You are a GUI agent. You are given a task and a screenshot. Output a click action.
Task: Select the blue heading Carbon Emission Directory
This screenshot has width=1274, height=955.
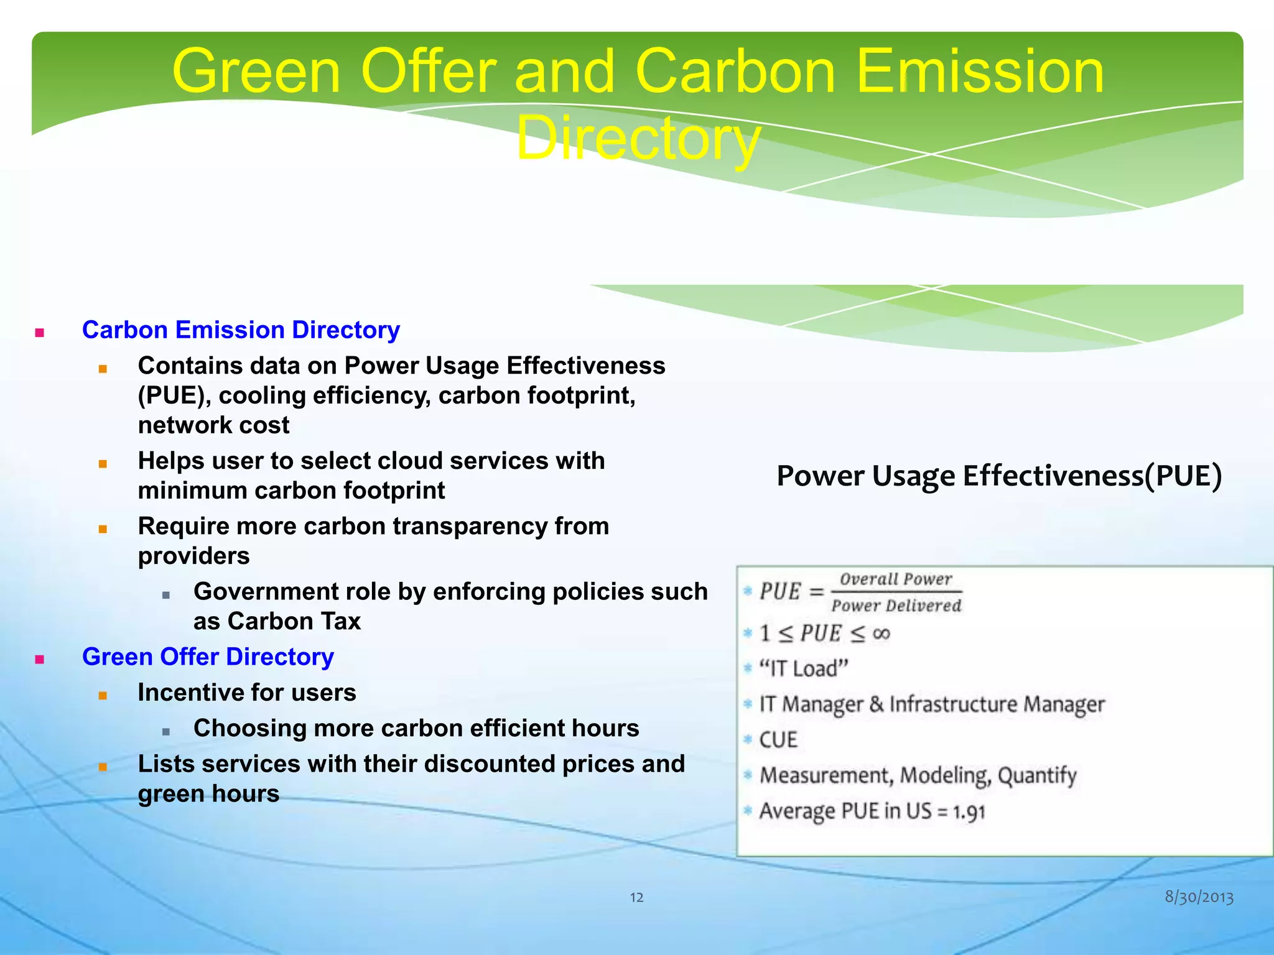point(241,330)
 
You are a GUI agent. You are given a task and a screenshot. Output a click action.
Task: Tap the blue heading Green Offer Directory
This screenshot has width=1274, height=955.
point(208,657)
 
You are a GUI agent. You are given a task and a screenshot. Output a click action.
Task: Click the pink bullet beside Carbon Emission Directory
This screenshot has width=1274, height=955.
point(40,332)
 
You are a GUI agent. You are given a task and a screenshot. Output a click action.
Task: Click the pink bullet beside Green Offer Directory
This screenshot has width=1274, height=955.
point(40,659)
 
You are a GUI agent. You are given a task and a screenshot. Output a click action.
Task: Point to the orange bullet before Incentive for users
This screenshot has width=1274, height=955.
point(103,695)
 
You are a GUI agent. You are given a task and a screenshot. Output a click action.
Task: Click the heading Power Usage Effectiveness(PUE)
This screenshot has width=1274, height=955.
point(999,476)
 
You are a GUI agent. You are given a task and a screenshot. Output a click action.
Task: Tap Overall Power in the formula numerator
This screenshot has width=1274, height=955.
point(895,579)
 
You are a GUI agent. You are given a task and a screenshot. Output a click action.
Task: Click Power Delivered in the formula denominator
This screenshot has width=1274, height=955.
point(896,606)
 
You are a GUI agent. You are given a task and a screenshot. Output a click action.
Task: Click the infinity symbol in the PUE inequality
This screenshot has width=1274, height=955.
point(881,634)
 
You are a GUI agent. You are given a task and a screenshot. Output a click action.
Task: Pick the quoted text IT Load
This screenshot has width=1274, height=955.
point(803,669)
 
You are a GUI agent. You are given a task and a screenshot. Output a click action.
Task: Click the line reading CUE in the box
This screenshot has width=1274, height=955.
point(778,740)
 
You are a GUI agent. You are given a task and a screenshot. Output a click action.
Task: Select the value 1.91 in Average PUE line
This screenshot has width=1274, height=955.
point(969,812)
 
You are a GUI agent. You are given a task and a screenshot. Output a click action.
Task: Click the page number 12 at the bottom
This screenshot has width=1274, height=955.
point(636,897)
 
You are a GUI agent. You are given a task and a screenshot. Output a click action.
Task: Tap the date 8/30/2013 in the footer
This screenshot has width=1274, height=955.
point(1199,897)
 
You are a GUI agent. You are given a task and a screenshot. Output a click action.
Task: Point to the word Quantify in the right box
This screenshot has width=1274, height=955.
point(1037,775)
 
